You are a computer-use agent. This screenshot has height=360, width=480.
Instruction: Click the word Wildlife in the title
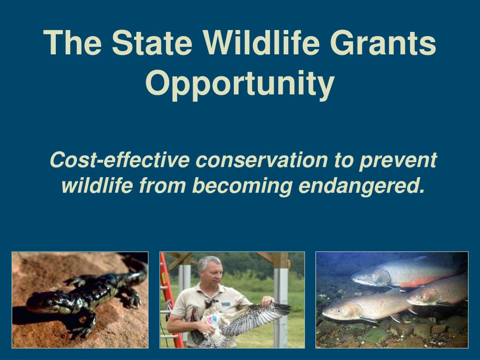pos(262,43)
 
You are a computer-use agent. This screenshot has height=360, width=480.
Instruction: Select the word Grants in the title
pos(383,43)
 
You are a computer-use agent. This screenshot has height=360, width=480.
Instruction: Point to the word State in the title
pos(152,43)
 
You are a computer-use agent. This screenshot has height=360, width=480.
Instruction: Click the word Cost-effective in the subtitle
pos(120,160)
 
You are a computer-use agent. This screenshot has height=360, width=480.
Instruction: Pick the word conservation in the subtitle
pos(262,160)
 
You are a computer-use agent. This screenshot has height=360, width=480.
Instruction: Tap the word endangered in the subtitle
pos(362,186)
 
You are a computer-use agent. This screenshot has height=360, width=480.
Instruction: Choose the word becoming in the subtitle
pos(242,186)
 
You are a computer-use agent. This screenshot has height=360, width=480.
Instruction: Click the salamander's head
pos(41,303)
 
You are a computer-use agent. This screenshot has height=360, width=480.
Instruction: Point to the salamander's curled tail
pos(135,270)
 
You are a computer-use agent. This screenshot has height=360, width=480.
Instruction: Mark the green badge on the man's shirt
pos(226,304)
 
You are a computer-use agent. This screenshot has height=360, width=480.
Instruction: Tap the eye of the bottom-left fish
pos(339,310)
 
